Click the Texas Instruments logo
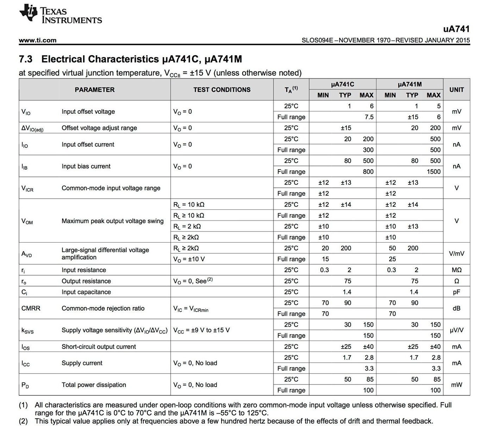pyautogui.click(x=61, y=15)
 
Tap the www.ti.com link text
pyautogui.click(x=37, y=40)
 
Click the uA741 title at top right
pyautogui.click(x=456, y=29)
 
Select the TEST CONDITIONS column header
pyautogui.click(x=222, y=90)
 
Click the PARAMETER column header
pyautogui.click(x=94, y=90)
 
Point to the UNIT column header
pyautogui.click(x=456, y=90)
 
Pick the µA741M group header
pyautogui.click(x=410, y=84)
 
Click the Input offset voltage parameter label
pyautogui.click(x=88, y=112)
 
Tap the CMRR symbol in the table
pyautogui.click(x=31, y=308)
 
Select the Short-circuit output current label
pyautogui.click(x=99, y=347)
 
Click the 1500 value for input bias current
pyautogui.click(x=433, y=172)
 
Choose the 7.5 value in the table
pyautogui.click(x=369, y=117)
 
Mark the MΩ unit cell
pyautogui.click(x=456, y=270)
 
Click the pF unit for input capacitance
pyautogui.click(x=456, y=292)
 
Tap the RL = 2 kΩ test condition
pyautogui.click(x=187, y=226)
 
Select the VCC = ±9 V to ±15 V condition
pyautogui.click(x=201, y=330)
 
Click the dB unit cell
pyautogui.click(x=456, y=308)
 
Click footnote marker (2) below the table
pyautogui.click(x=23, y=421)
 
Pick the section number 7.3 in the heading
pyautogui.click(x=25, y=59)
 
